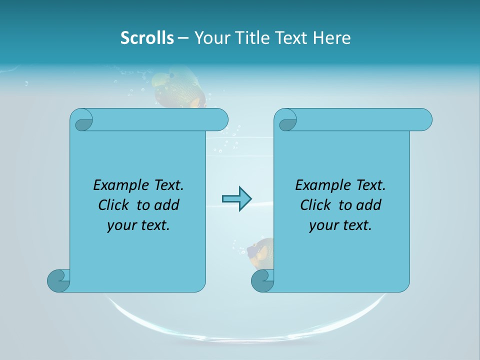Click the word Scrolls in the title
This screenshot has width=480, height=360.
click(147, 38)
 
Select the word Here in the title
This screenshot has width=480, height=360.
click(332, 38)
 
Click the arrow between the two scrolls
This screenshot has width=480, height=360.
click(236, 199)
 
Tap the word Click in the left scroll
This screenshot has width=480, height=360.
click(115, 205)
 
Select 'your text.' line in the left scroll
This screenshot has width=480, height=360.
click(138, 225)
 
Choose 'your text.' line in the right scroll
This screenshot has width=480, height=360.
click(340, 225)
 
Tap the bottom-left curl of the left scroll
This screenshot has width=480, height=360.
click(58, 280)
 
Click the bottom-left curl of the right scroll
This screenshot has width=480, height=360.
click(262, 280)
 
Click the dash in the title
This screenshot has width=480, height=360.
click(183, 38)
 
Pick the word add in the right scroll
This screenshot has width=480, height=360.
click(369, 205)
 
